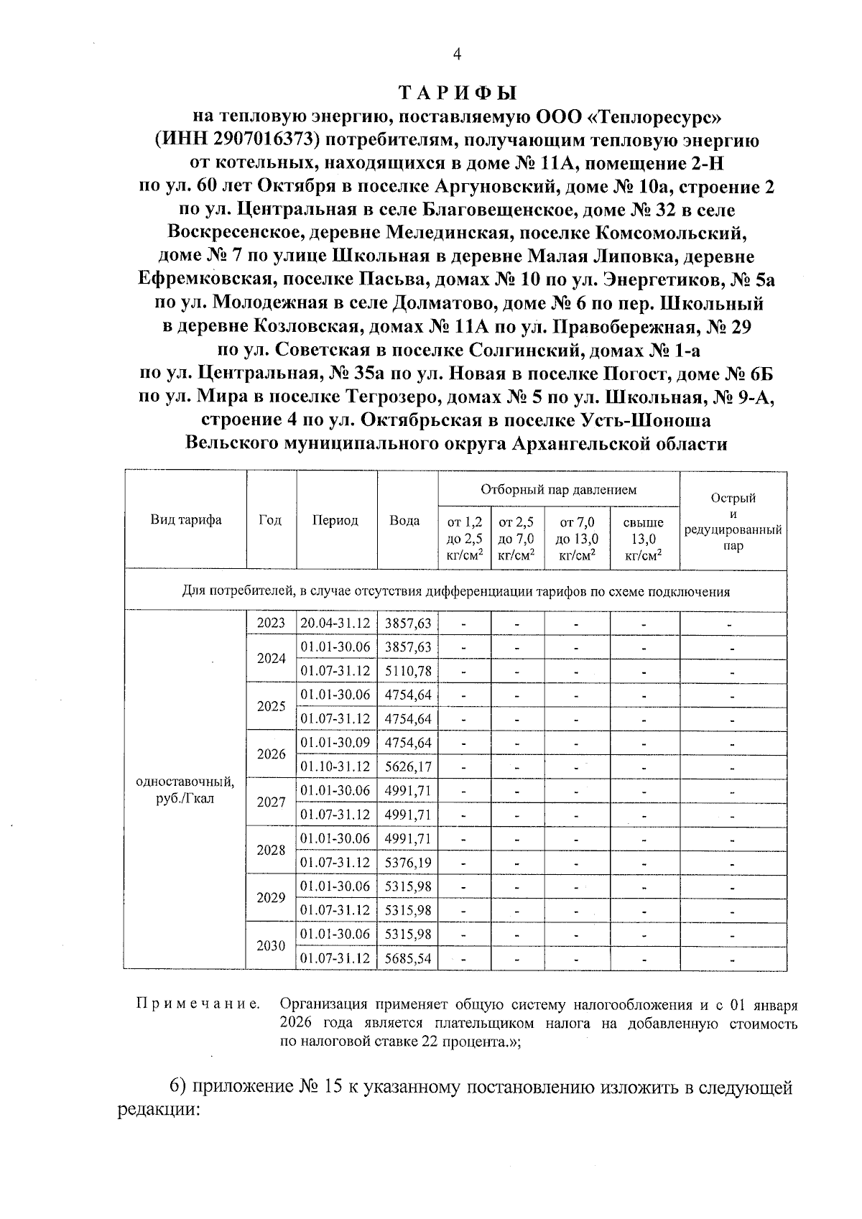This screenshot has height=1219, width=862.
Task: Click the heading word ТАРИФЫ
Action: [457, 94]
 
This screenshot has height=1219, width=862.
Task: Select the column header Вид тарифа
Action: [186, 520]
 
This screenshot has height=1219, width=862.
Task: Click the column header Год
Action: [270, 520]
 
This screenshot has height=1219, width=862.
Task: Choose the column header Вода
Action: [404, 520]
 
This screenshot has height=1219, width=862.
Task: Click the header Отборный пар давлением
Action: [558, 490]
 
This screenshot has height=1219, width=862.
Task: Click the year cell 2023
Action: [272, 623]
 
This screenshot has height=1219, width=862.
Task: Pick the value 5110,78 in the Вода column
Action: [408, 671]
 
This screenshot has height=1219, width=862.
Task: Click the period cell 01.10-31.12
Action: [335, 766]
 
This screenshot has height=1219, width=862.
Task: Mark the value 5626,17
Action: [408, 766]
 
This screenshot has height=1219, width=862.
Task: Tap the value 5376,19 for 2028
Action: [408, 862]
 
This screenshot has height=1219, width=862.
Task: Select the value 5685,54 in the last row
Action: [408, 958]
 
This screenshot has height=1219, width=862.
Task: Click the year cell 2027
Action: [272, 802]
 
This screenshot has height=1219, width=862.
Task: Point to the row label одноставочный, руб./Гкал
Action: [185, 790]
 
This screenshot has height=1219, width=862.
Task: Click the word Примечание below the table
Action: [198, 1004]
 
